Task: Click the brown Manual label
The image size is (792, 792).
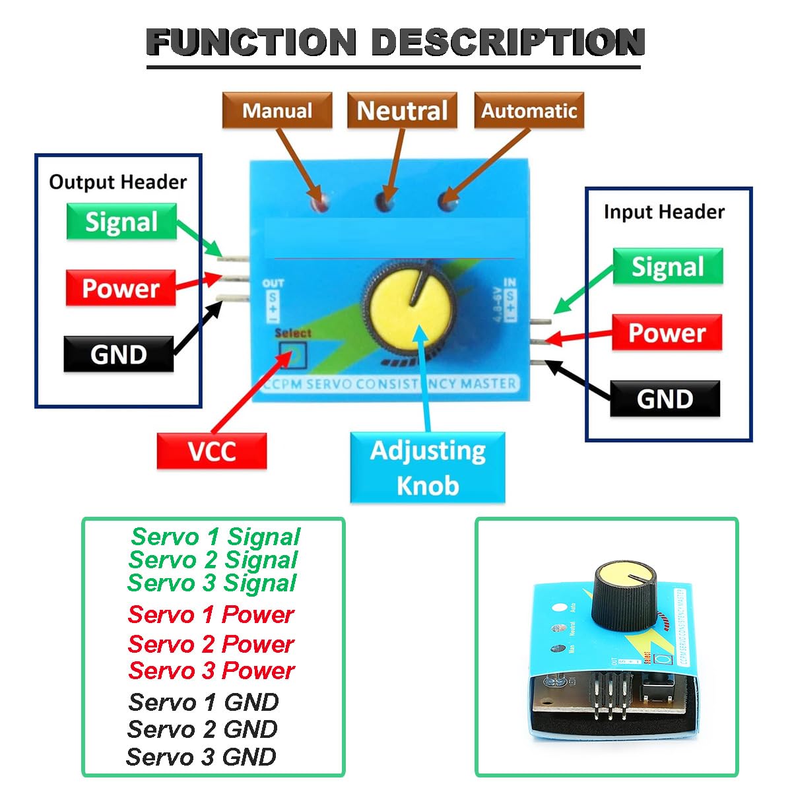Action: [x=277, y=110]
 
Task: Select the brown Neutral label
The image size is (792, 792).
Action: [x=402, y=110]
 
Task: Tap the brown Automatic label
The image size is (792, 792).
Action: [x=529, y=110]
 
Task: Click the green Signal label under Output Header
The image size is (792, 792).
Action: [x=121, y=222]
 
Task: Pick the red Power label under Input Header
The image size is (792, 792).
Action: [x=667, y=333]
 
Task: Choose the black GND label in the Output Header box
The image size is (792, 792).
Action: [x=119, y=354]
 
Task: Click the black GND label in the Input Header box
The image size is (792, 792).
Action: [x=665, y=399]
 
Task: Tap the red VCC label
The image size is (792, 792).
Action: [x=212, y=451]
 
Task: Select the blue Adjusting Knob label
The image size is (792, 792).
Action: [x=428, y=467]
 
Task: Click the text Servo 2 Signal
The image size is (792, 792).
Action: [x=213, y=560]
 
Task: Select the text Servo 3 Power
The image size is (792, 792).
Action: [x=211, y=671]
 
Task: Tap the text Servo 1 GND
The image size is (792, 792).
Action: [x=203, y=702]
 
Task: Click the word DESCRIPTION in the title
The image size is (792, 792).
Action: [x=508, y=42]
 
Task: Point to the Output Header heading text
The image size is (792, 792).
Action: [x=118, y=182]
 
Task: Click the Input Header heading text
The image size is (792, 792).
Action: [x=664, y=212]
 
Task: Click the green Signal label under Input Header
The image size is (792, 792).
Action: [x=668, y=267]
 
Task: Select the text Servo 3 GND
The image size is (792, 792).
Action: [x=201, y=756]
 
